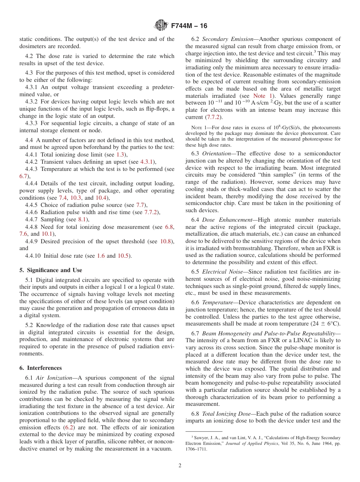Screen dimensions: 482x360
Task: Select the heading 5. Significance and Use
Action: [x=50, y=270]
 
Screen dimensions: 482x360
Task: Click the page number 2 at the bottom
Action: [x=180, y=466]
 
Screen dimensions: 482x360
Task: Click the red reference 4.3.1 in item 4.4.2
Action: [x=147, y=162]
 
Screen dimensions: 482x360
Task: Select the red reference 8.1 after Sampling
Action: [x=83, y=219]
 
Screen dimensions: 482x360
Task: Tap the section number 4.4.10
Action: [x=33, y=256]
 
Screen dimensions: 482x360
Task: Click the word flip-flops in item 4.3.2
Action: [x=159, y=109]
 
